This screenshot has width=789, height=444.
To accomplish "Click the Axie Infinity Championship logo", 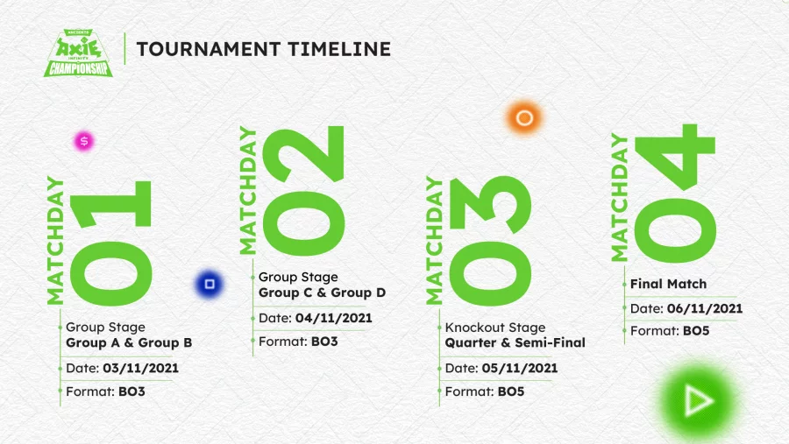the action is click(x=79, y=53).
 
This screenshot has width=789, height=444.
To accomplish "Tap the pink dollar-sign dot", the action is click(x=84, y=141).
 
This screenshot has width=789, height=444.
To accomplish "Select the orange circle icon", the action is click(x=524, y=117).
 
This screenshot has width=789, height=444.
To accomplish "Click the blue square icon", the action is click(x=210, y=284).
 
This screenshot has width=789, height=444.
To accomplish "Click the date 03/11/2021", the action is click(x=141, y=368).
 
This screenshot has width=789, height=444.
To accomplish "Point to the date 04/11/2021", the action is click(x=334, y=318).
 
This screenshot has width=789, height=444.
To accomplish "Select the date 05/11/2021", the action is click(x=520, y=368).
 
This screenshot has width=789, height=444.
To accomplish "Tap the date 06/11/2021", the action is click(x=705, y=308).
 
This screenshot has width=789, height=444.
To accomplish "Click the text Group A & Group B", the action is click(x=129, y=343).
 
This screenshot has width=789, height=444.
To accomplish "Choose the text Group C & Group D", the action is click(x=322, y=292).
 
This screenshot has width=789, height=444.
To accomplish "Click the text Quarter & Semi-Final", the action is click(x=515, y=343).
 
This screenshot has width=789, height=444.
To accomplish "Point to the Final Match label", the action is click(x=668, y=284).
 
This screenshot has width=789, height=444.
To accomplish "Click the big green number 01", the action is click(x=110, y=243).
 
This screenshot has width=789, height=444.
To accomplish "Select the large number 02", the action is click(x=304, y=191).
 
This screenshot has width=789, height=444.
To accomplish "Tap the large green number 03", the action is click(x=490, y=241).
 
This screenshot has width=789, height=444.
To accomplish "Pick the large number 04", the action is click(x=675, y=193).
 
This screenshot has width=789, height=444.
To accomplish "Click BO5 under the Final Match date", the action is click(x=696, y=331).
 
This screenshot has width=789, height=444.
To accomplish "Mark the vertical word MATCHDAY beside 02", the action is click(x=247, y=190).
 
